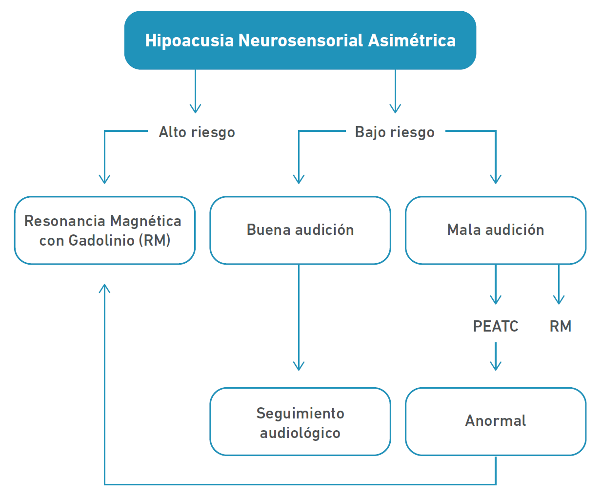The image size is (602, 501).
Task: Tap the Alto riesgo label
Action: pos(197,132)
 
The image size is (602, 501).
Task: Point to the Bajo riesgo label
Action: pos(395,132)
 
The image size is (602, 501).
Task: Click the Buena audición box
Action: pos(300,230)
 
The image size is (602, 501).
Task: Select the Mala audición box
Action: pos(495,230)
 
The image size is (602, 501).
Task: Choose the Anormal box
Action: pos(495,421)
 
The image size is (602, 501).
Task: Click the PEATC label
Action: pos(496,326)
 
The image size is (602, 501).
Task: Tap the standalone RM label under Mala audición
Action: pos(560,326)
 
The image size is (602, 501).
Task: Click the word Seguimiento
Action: pos(300,414)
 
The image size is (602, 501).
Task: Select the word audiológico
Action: pos(300,433)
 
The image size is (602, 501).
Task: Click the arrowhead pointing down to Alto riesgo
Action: pos(195,108)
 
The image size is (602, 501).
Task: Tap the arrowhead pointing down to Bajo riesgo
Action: pos(395,108)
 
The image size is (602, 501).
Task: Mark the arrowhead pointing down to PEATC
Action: pos(496,299)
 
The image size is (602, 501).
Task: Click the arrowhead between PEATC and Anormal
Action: pos(496,366)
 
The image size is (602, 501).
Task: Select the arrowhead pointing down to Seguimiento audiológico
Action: pos(299,366)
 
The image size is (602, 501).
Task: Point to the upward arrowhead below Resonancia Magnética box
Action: pos(104,289)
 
